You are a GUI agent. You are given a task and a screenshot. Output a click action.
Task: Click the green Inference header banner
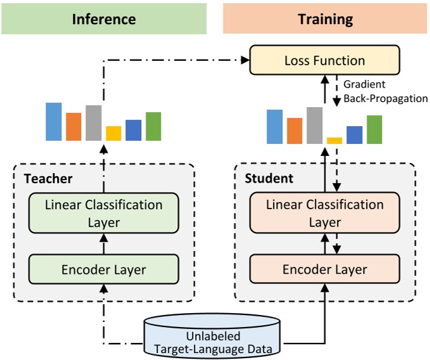tap(104, 18)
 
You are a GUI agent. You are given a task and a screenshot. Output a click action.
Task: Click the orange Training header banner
tap(325, 18)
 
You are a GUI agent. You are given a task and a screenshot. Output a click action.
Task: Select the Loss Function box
tap(326, 61)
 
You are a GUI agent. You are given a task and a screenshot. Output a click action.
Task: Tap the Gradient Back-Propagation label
tap(385, 91)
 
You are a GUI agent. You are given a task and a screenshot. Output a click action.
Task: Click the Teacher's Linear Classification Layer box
tap(104, 214)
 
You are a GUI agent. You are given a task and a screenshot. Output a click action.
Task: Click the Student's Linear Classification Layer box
tap(325, 214)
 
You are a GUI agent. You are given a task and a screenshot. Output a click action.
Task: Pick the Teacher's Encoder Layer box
tap(104, 269)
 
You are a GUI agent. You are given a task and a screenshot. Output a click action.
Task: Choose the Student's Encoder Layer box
tap(325, 269)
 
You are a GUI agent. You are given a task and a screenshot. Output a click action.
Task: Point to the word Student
tap(269, 179)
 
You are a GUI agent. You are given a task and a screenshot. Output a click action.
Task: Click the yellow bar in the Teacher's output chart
tap(113, 133)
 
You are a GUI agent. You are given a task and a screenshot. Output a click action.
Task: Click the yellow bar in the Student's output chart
tap(334, 141)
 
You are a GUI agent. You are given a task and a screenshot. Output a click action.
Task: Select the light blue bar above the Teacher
tap(54, 122)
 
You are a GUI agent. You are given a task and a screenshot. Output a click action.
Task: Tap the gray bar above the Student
tap(315, 125)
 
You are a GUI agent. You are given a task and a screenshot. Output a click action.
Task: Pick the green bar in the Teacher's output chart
tap(153, 126)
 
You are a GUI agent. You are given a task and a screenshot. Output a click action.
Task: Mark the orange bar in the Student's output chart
tap(294, 131)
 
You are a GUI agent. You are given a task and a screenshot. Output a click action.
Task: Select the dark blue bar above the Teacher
tap(133, 130)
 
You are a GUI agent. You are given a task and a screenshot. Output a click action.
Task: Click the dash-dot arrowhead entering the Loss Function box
tap(245, 61)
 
